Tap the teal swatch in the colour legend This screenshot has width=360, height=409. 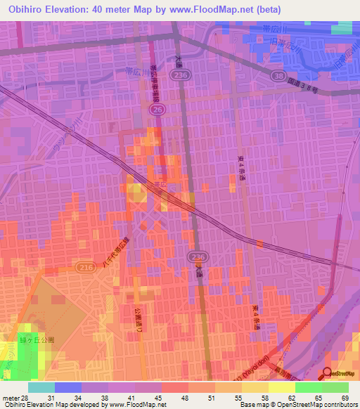click(x=41, y=387)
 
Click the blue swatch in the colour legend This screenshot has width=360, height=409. click(x=67, y=387)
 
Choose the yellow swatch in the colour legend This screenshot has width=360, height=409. click(x=282, y=387)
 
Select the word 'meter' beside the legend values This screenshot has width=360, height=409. click(x=9, y=399)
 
